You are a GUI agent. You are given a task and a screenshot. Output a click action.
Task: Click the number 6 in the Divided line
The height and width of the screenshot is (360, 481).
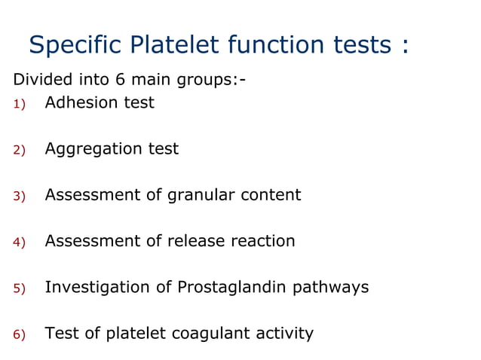coord(119,79)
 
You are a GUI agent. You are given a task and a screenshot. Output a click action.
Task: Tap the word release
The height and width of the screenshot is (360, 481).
coord(205,241)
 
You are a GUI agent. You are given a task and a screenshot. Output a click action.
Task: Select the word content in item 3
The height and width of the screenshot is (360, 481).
coord(271,195)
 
